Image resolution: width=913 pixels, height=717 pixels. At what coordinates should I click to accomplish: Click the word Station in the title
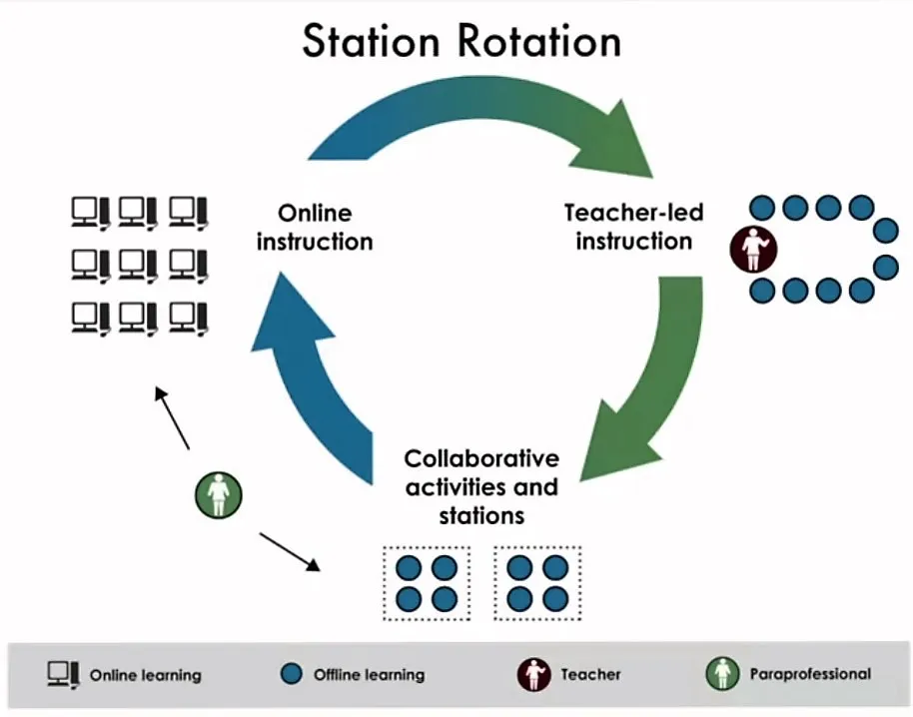pos(371,41)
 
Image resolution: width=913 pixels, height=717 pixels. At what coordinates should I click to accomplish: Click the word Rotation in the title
pos(539,41)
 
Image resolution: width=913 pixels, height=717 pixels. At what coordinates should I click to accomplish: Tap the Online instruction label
pos(315,227)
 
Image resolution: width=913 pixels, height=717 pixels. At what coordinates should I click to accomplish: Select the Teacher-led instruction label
pos(633,227)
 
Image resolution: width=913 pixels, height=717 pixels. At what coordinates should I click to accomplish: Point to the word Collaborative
pos(481,458)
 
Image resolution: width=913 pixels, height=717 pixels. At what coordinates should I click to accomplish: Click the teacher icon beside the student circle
pos(753,249)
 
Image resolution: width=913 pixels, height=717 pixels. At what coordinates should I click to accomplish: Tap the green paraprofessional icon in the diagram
pos(219,494)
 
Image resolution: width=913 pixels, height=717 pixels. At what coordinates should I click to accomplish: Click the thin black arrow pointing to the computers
pos(172,417)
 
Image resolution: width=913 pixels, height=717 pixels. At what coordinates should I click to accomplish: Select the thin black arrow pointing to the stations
pos(290,551)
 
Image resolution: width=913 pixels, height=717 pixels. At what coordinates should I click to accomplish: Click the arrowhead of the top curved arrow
pos(617,143)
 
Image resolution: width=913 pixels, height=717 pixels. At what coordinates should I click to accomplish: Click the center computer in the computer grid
pos(138,266)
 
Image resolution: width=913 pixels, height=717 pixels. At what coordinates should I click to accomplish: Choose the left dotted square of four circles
pos(427,583)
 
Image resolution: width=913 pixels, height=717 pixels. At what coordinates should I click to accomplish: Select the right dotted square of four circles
pos(537,583)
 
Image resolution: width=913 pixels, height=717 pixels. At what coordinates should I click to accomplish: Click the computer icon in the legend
pos(64,675)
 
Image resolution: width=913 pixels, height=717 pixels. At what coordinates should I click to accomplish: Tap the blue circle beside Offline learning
pos(291,674)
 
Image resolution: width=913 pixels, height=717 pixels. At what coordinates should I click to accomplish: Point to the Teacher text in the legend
pos(590,674)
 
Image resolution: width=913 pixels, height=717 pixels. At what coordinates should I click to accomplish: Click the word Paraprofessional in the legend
pos(810,674)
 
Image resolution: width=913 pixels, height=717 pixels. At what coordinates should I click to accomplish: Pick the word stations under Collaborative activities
pos(481,515)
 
